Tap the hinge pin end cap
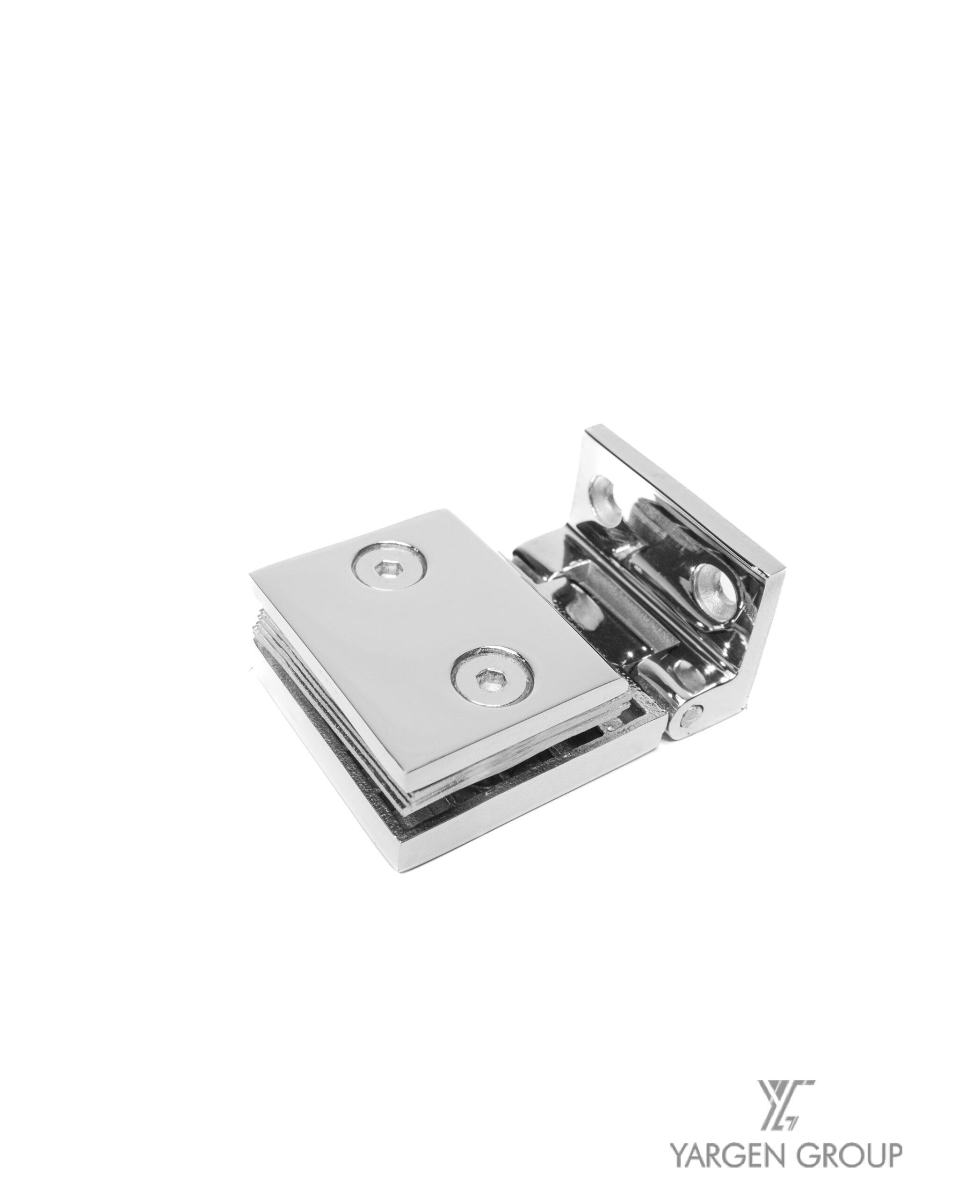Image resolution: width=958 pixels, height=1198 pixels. tap(692, 716)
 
